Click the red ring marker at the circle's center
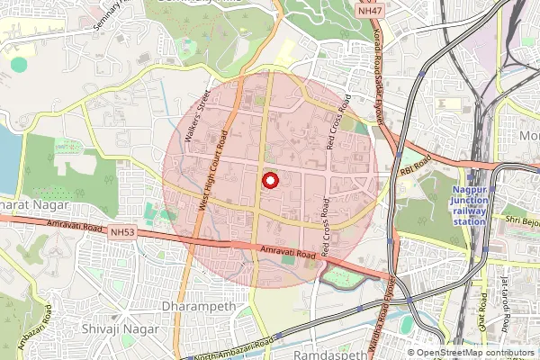pos(269,180)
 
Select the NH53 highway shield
pos(123,231)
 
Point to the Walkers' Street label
pos(196,117)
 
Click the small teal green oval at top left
pos(19,64)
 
